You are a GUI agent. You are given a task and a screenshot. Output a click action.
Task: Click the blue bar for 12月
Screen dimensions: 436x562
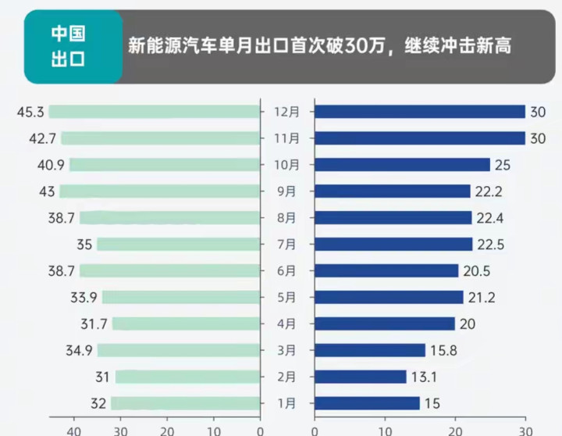pyautogui.click(x=419, y=112)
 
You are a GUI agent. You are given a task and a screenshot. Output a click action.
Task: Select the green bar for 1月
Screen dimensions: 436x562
pyautogui.click(x=184, y=403)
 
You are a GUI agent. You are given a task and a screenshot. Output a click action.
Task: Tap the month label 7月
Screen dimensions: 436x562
pyautogui.click(x=286, y=245)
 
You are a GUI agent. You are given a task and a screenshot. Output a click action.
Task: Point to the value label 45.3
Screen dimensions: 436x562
pyautogui.click(x=30, y=112)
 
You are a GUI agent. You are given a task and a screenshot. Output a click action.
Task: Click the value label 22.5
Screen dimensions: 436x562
pyautogui.click(x=490, y=245)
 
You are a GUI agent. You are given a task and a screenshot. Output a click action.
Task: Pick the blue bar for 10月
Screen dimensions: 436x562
pyautogui.click(x=402, y=165)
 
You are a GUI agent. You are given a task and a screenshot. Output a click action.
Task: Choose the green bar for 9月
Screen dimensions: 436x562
pyautogui.click(x=159, y=191)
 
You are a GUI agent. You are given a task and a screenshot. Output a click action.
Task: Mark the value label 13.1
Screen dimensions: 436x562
pyautogui.click(x=425, y=377)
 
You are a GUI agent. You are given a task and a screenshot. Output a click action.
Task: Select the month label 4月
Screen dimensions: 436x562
pyautogui.click(x=286, y=323)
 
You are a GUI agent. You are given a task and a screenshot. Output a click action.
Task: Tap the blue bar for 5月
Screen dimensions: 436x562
pyautogui.click(x=389, y=297)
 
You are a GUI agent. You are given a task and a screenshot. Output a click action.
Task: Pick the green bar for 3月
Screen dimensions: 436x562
pyautogui.click(x=178, y=350)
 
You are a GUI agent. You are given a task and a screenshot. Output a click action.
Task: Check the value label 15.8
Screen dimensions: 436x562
pyautogui.click(x=444, y=350)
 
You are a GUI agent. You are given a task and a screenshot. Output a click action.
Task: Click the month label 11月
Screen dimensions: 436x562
pyautogui.click(x=286, y=138)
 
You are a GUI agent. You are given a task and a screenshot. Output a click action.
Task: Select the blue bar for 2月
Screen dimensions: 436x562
pyautogui.click(x=360, y=377)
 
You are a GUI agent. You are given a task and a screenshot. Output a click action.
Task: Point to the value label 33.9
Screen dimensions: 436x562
pyautogui.click(x=83, y=297)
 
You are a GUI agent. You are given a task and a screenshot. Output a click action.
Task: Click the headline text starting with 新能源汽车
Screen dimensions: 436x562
pyautogui.click(x=319, y=46)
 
